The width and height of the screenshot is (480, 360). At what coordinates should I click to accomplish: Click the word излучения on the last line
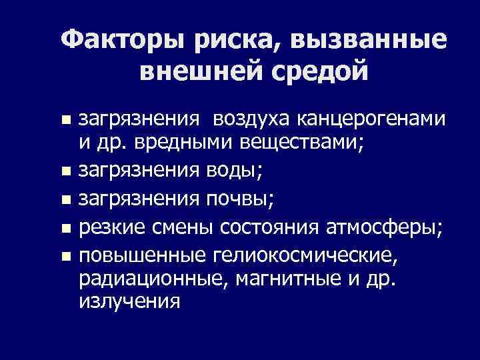pyautogui.click(x=129, y=301)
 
